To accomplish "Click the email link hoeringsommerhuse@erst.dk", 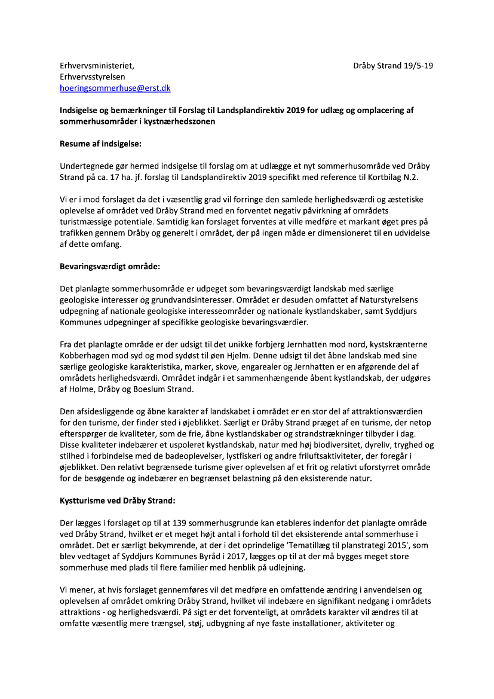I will [115, 88].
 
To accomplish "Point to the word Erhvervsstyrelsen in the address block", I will [95, 77].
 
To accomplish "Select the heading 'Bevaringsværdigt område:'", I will [110, 266].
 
